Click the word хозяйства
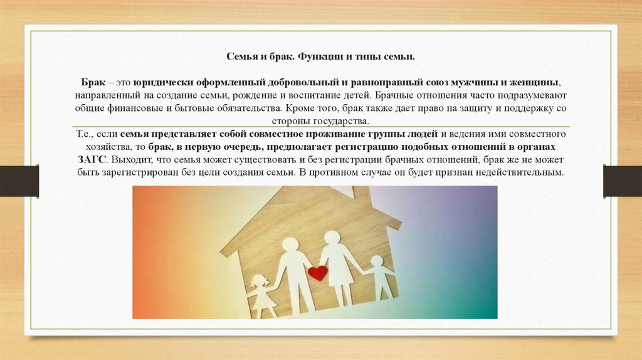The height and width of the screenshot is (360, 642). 103,146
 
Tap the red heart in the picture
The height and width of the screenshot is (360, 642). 318,273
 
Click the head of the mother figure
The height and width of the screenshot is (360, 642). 332,237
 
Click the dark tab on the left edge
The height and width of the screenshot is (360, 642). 19,181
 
